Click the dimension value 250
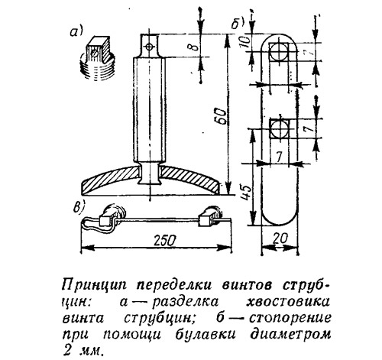tap(164, 240)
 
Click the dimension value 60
tap(221, 116)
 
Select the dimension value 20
tap(280, 238)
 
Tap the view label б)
tap(238, 23)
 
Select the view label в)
tap(79, 208)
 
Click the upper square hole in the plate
tap(279, 52)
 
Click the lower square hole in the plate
tap(280, 128)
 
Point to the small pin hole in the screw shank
tap(149, 47)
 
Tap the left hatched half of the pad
tap(112, 180)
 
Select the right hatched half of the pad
tap(189, 180)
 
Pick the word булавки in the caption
tap(206, 334)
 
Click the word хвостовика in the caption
tap(288, 302)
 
